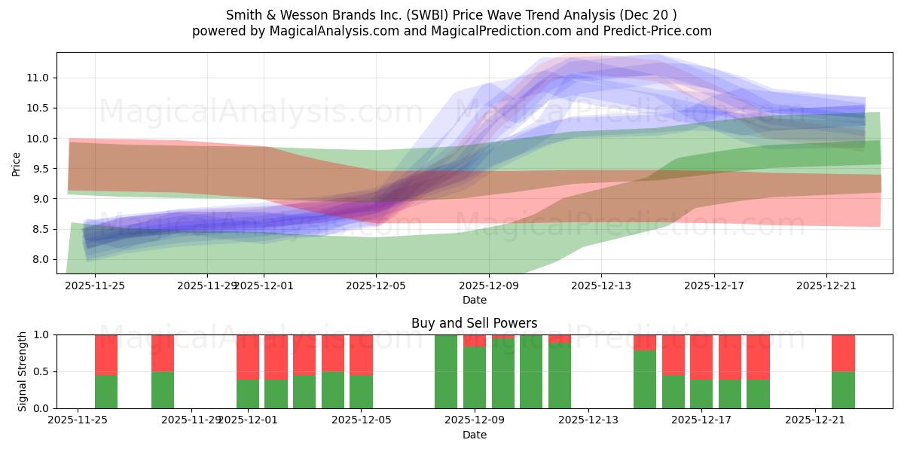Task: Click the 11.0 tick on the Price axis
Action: [38, 78]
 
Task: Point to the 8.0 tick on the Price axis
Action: [41, 259]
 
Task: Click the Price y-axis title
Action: [17, 163]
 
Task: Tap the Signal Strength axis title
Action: [23, 371]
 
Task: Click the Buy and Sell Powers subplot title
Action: [474, 323]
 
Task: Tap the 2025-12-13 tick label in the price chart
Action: [601, 286]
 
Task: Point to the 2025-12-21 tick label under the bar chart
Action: [816, 420]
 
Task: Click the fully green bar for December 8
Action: [446, 371]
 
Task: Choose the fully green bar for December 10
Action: [531, 371]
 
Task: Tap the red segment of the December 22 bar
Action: [843, 353]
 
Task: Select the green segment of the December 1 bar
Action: [248, 394]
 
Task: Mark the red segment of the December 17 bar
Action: [701, 356]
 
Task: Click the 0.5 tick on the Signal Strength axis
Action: [41, 371]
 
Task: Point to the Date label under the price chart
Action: [474, 300]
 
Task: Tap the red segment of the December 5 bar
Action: [361, 354]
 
